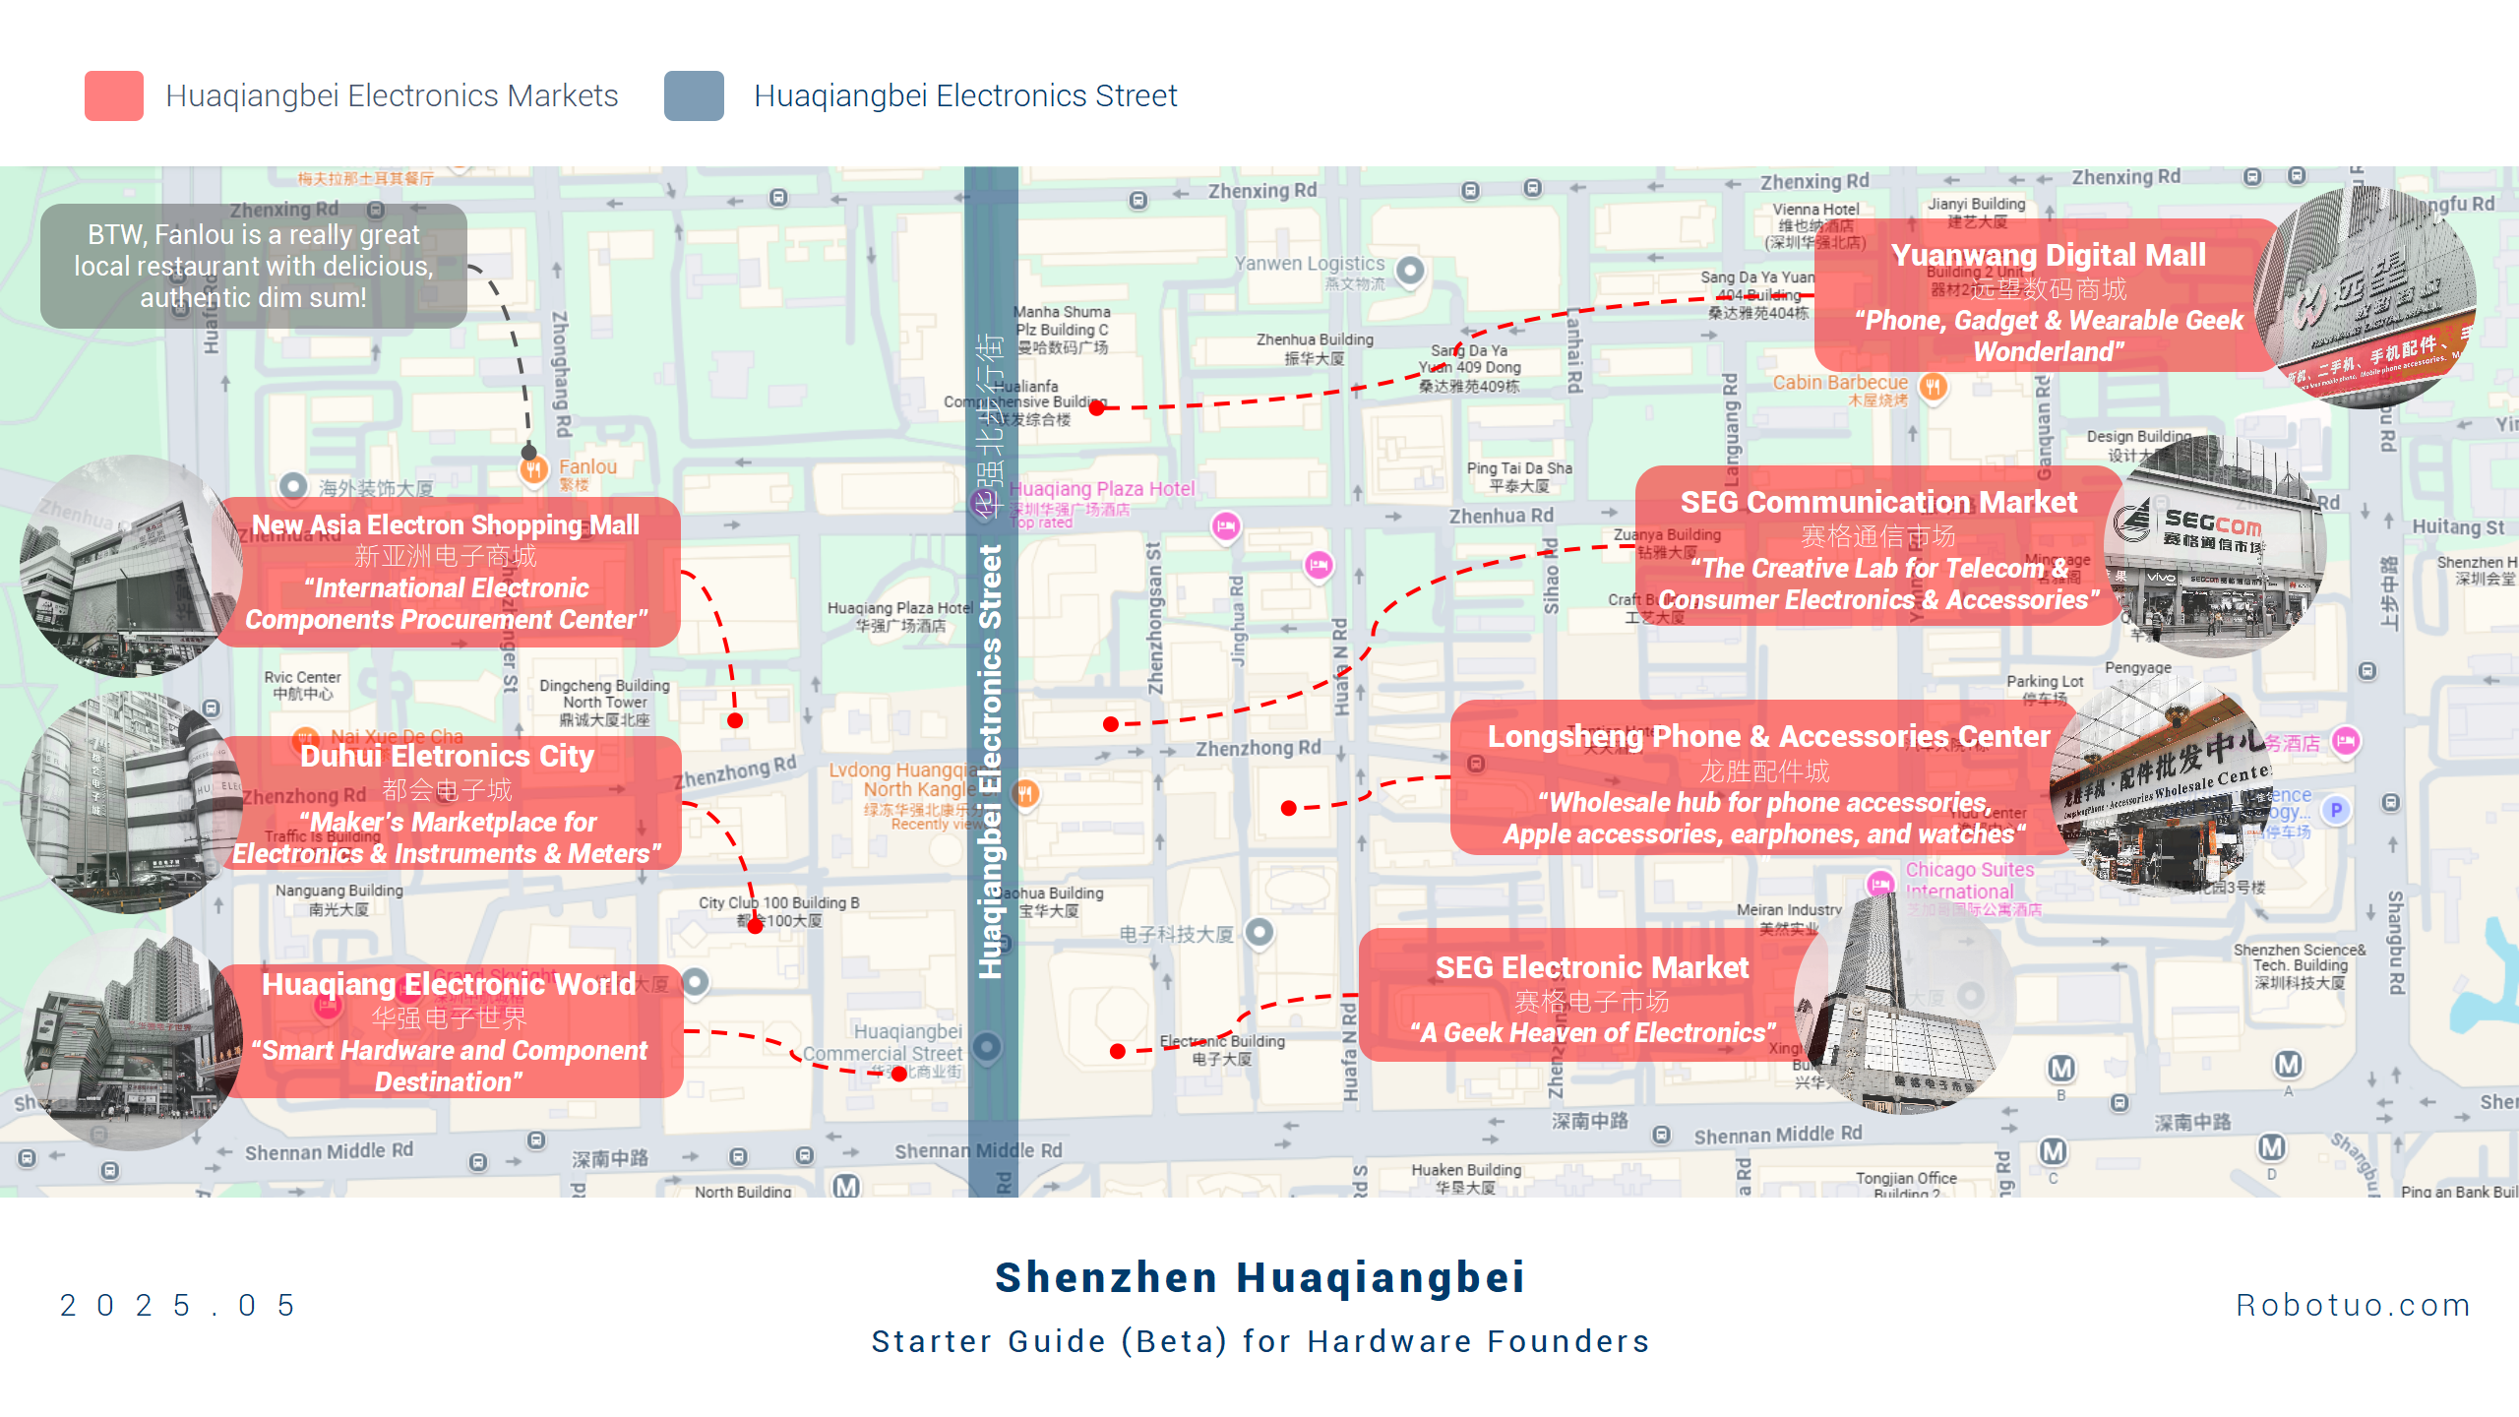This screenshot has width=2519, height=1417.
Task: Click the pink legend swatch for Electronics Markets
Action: (114, 95)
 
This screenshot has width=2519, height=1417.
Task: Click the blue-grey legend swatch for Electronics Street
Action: (694, 95)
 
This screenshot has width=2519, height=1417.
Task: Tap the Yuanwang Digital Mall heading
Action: (2048, 255)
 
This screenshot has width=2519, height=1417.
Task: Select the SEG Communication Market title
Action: (1878, 502)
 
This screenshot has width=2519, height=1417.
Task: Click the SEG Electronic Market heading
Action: (1592, 967)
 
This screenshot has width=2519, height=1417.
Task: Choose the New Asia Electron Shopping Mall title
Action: (446, 525)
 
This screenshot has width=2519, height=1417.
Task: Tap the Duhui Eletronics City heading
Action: (447, 756)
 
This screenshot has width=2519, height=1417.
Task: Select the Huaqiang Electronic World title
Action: (449, 984)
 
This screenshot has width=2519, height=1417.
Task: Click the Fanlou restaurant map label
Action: (587, 467)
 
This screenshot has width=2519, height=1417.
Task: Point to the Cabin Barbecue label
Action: (1840, 383)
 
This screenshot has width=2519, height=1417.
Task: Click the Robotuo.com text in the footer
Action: (2353, 1305)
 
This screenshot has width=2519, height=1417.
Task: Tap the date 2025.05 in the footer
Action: (178, 1305)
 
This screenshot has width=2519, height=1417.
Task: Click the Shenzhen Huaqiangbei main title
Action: (1259, 1277)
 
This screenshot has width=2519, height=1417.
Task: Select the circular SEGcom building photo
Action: (2214, 547)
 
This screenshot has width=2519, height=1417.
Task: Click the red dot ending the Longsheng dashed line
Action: (1289, 808)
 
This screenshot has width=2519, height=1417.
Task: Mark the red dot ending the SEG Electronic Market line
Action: (1118, 1051)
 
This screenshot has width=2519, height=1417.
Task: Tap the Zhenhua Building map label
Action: (1315, 340)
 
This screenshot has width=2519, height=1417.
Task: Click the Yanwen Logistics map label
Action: (1310, 264)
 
